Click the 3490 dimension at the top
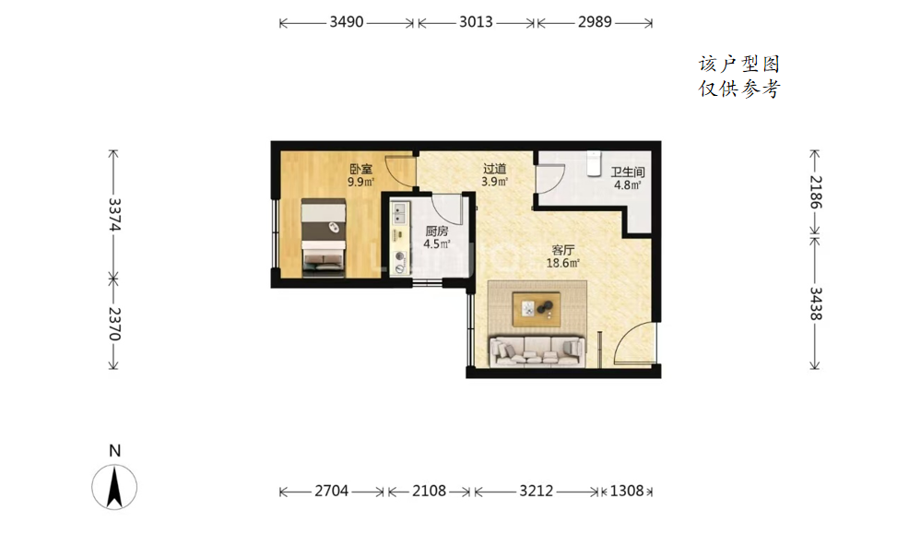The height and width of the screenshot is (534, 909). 347,22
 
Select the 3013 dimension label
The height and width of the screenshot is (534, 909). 476,22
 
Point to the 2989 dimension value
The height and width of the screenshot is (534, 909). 595,22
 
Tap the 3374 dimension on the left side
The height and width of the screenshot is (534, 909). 114,215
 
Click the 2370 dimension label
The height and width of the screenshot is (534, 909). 114,324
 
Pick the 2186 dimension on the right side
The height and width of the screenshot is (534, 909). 816,192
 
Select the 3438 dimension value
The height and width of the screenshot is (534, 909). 816,303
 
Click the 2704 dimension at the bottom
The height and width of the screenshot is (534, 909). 332,491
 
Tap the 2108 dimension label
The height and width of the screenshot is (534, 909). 429,491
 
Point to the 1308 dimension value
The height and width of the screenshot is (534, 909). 627,491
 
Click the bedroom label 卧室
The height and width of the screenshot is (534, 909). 360,170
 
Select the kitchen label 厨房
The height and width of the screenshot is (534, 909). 437,231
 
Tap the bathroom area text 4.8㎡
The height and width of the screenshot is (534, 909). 627,185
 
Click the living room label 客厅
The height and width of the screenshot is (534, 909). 563,251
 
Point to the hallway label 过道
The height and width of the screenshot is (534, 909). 494,169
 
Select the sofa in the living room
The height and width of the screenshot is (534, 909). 537,350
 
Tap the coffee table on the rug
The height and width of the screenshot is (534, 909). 537,309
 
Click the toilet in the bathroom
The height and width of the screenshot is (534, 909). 595,163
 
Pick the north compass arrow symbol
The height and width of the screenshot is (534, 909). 115,486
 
